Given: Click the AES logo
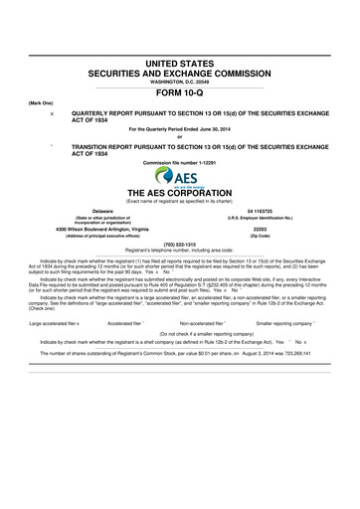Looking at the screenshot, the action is tap(181, 176).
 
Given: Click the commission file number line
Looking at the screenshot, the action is tap(180, 161).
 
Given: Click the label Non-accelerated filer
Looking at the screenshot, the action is tap(204, 323).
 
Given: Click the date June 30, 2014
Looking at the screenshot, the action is tap(205, 130).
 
